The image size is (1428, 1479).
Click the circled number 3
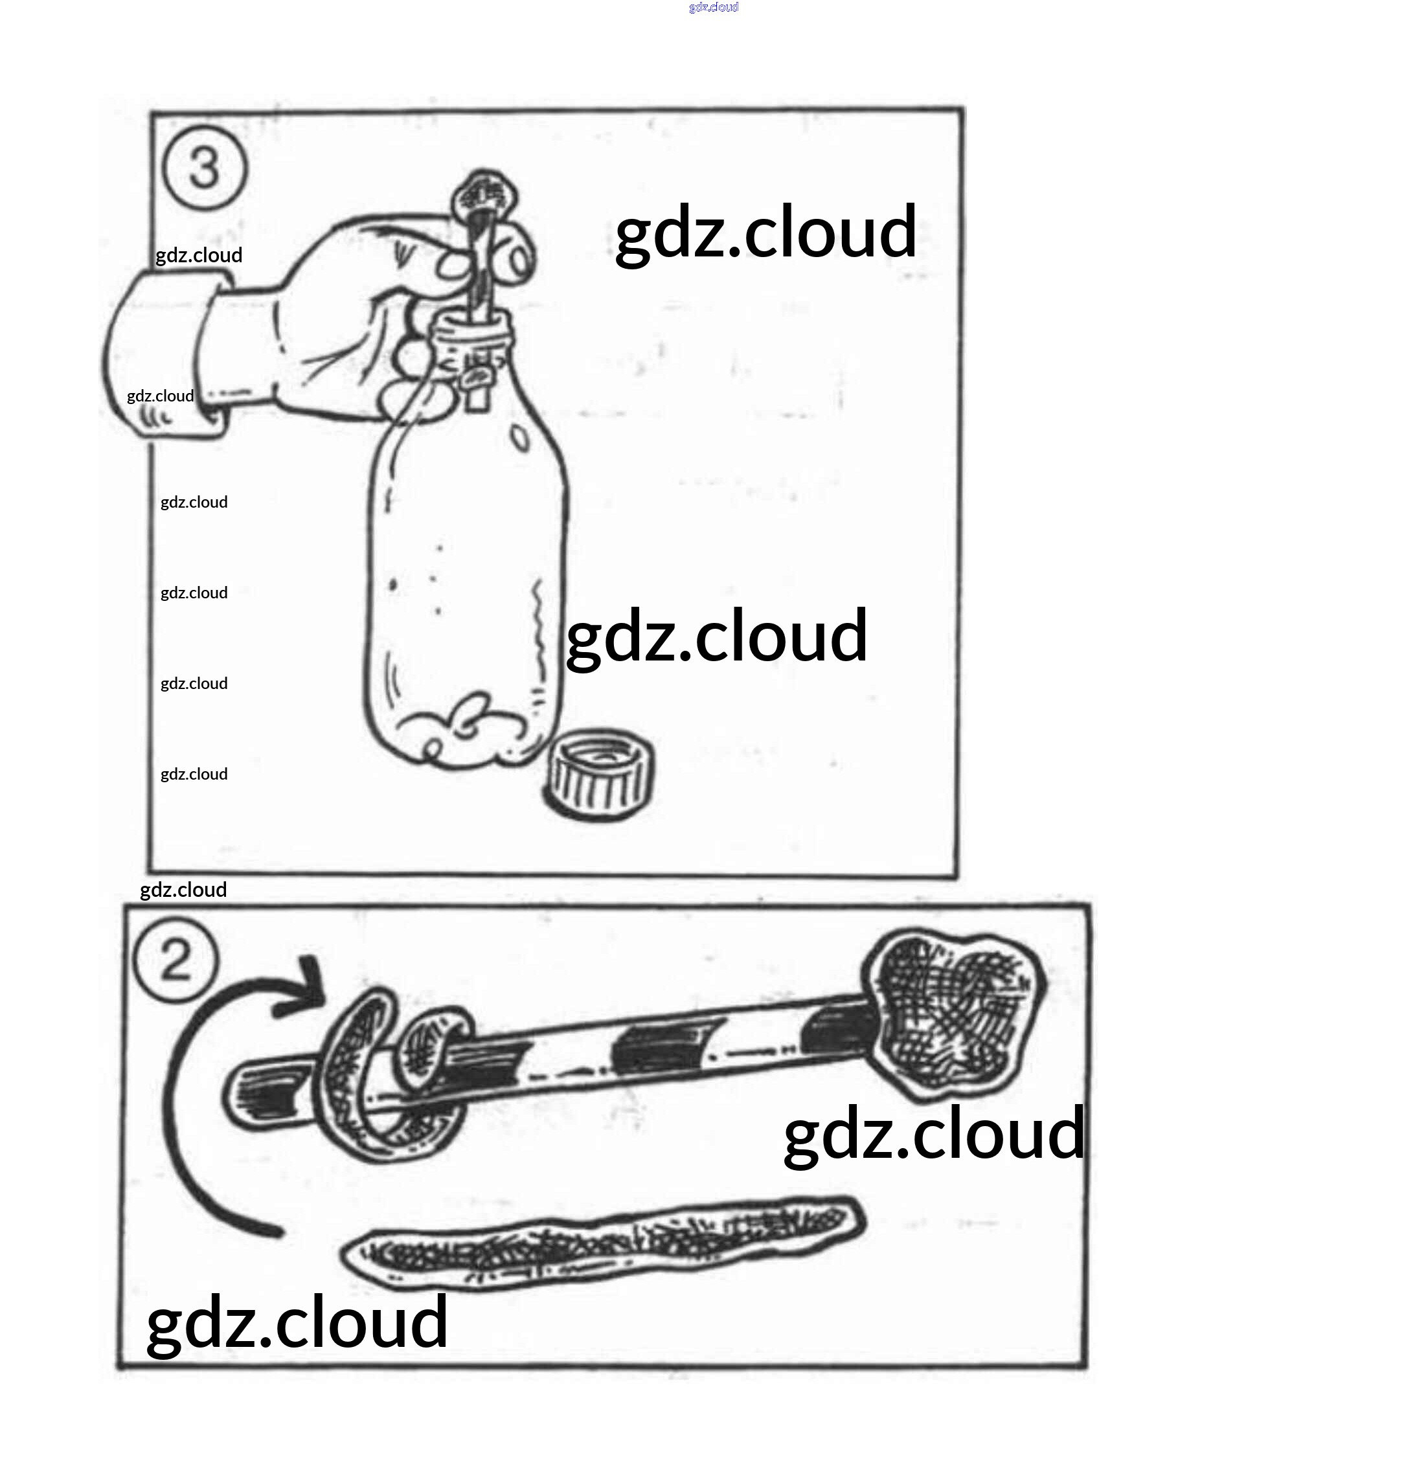(205, 168)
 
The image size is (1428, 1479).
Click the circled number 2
(176, 960)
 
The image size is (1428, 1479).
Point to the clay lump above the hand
(484, 196)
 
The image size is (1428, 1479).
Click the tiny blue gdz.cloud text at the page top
(713, 8)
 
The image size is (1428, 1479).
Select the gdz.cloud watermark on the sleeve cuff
(160, 396)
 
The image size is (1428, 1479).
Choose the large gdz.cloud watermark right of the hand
(765, 232)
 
